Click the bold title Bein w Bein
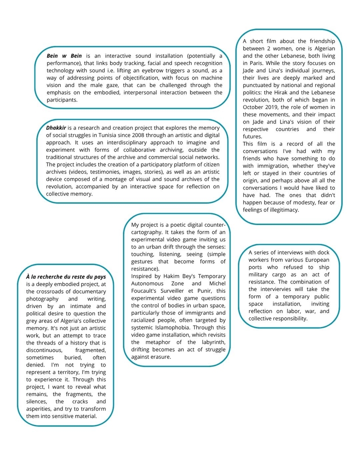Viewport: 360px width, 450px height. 64,56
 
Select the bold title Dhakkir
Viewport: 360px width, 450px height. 56,128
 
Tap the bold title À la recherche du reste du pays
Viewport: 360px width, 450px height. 66,276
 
